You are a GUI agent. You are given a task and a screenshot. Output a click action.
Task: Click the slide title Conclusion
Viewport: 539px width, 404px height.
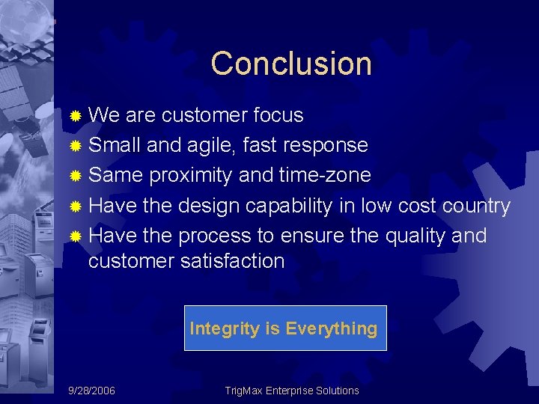291,64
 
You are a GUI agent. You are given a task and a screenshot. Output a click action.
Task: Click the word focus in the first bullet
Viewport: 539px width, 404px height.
278,115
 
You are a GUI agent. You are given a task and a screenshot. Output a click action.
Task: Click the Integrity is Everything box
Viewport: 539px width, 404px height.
285,328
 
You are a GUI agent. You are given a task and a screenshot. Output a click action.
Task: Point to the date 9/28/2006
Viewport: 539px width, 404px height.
91,391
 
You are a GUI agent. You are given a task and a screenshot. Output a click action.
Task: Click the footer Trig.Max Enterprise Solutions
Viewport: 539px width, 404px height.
292,391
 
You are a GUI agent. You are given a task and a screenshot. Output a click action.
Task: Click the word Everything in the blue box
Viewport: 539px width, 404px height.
331,328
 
